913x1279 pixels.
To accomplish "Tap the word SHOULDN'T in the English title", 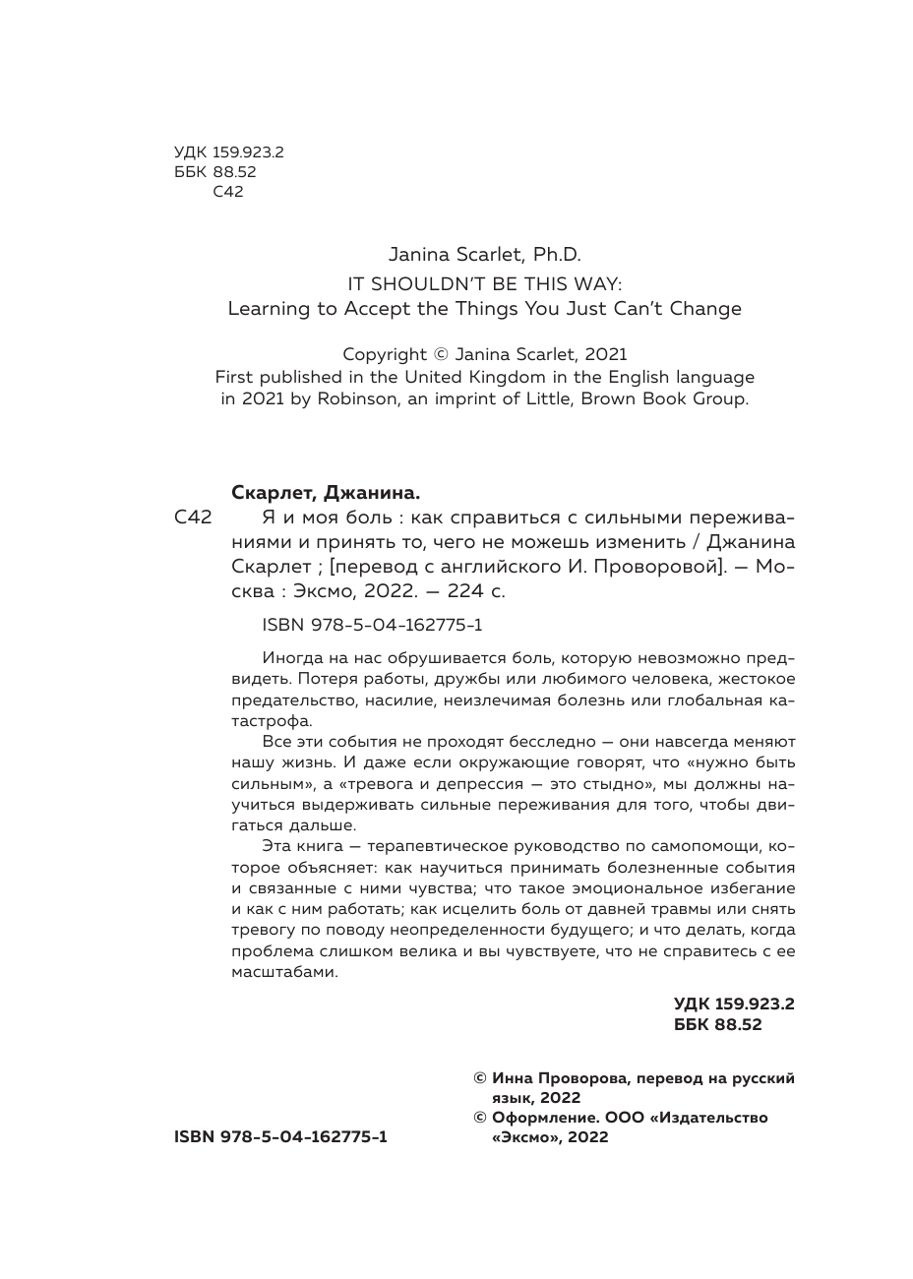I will (x=430, y=282).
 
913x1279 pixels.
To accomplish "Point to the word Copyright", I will (x=385, y=354).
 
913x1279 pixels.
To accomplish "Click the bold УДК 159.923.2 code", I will (x=733, y=1005).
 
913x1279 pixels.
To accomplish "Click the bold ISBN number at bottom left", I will (x=280, y=1136).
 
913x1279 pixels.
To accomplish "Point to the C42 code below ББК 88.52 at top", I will (x=227, y=192).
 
